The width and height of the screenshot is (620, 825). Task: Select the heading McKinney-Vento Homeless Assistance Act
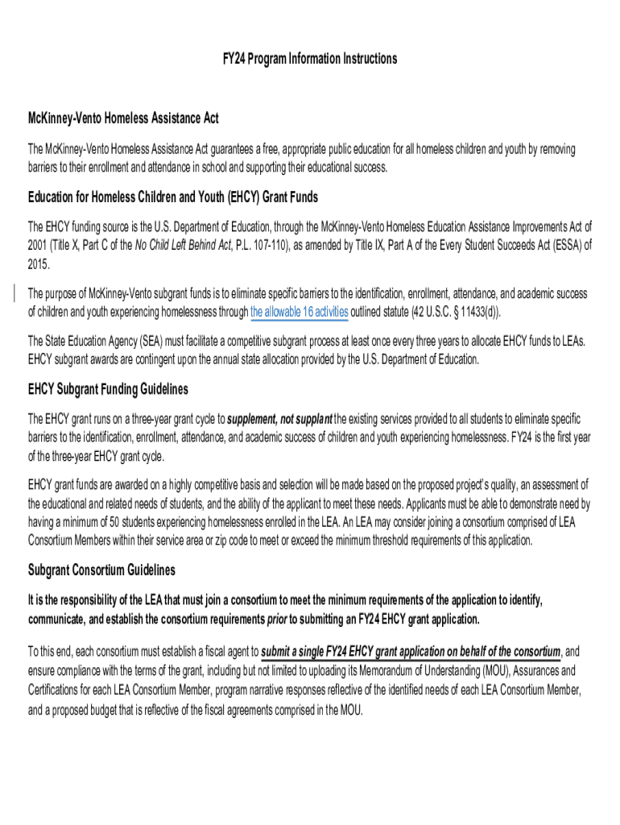click(123, 118)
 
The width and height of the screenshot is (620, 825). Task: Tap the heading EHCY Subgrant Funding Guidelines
click(108, 389)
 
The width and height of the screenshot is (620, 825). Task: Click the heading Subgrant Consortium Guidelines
click(101, 570)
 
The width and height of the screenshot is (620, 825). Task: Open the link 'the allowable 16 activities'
click(300, 313)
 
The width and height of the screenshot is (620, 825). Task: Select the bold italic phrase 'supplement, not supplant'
click(280, 420)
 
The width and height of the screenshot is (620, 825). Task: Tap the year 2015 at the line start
click(39, 264)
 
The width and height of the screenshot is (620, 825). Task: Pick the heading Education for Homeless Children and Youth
click(172, 197)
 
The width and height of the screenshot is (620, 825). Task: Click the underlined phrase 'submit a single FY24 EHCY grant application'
click(411, 652)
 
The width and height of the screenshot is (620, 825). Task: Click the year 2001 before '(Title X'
click(39, 246)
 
